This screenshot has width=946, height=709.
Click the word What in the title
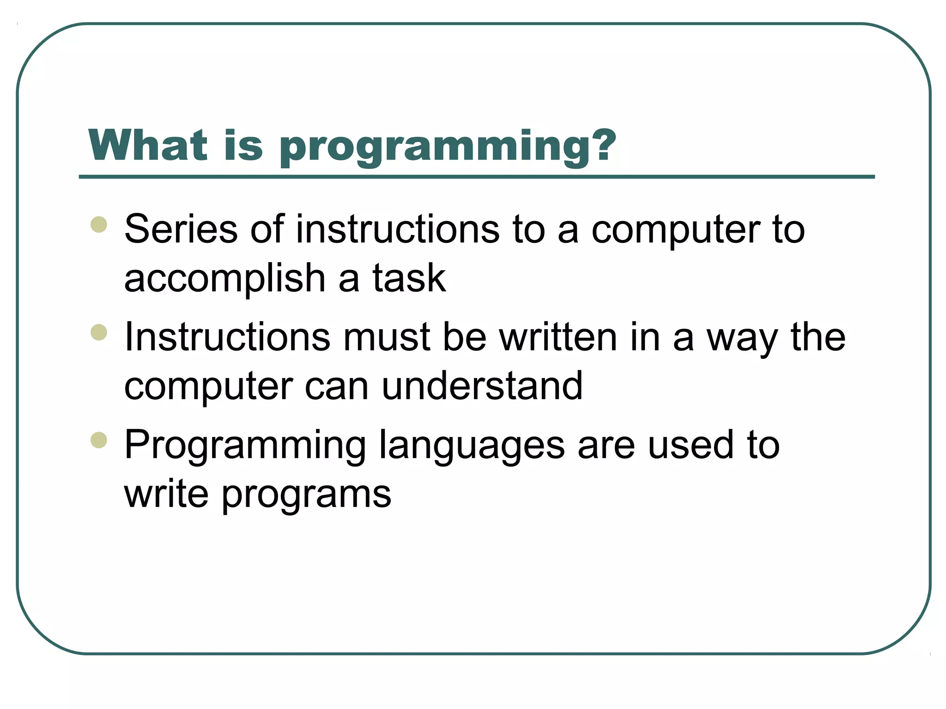point(148,145)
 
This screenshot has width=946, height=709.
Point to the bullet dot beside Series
point(99,225)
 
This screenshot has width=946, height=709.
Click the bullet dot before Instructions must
point(99,332)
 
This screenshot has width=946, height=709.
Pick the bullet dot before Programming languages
point(99,440)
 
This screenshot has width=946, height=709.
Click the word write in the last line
point(167,494)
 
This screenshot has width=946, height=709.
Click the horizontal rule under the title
point(477,177)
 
